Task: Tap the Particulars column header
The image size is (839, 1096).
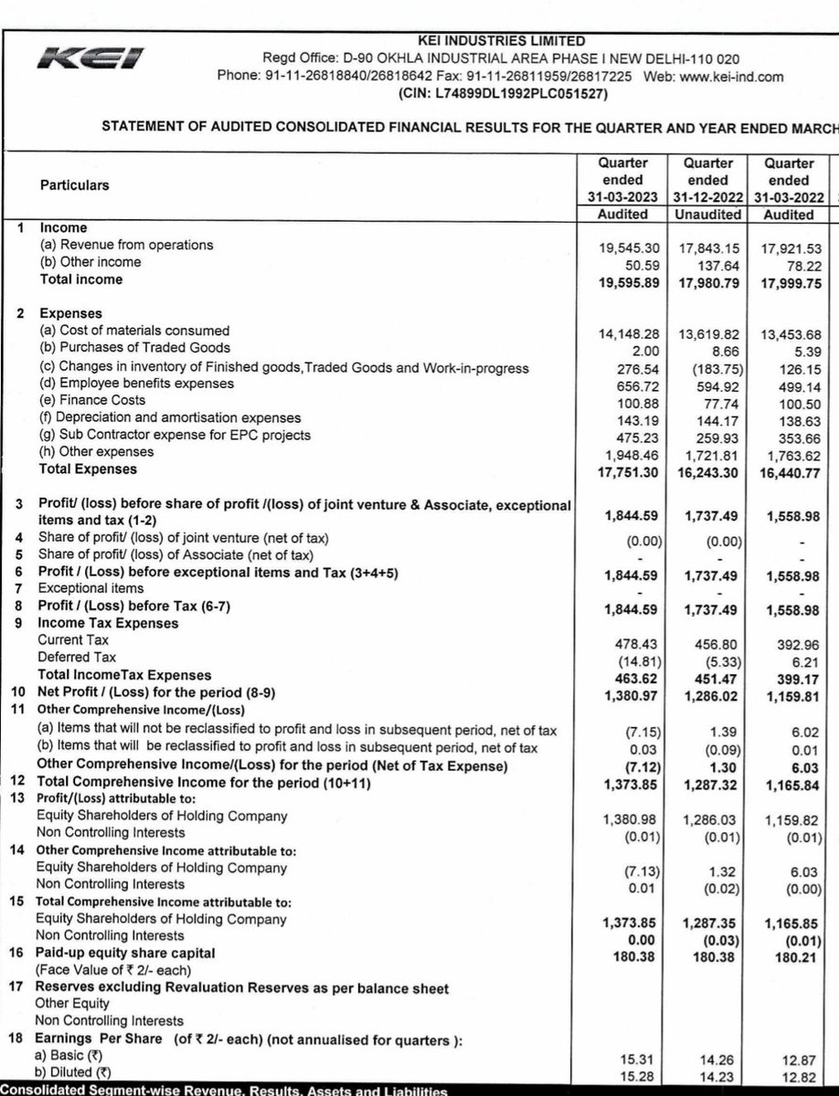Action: [74, 184]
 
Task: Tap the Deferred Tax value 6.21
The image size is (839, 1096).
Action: [801, 658]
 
